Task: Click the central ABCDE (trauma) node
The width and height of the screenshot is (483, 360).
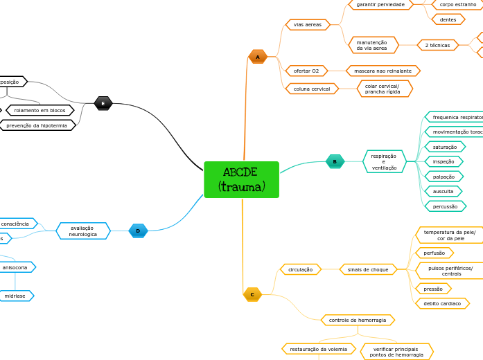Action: [241, 179]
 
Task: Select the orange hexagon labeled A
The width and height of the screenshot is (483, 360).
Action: [258, 57]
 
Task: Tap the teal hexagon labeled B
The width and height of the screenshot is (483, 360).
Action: [335, 161]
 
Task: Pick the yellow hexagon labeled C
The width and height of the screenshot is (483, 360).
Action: [252, 294]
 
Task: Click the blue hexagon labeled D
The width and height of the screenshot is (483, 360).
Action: [138, 231]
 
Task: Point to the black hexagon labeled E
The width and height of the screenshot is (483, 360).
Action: [103, 103]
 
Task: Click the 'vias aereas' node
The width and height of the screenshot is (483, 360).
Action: [308, 25]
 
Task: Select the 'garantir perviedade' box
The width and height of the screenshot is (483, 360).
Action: [380, 4]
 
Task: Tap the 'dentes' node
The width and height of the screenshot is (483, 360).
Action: [448, 19]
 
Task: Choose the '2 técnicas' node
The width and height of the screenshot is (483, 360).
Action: [437, 45]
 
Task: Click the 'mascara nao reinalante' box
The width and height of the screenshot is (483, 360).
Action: [383, 71]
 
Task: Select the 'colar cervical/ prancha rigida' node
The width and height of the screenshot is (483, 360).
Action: [383, 89]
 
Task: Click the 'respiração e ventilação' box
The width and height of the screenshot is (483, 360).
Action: [384, 161]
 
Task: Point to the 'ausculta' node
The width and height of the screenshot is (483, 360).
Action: [443, 191]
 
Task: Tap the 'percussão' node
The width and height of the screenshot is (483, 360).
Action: [445, 206]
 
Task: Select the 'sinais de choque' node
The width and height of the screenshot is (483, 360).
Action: [368, 269]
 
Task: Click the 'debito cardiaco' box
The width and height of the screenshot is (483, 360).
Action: [442, 303]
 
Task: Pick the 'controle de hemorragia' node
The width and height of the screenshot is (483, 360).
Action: [358, 320]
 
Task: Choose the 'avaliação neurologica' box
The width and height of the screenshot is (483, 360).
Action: [83, 231]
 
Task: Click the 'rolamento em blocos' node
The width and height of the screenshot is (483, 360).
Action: [39, 110]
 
